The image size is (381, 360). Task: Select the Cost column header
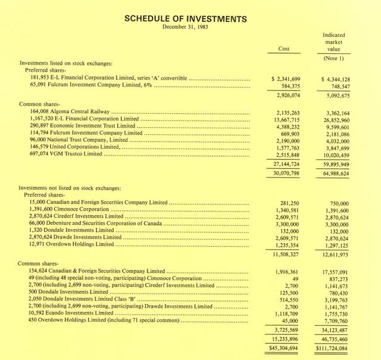coord(285,49)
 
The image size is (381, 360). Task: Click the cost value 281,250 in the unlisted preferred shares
coord(289,203)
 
